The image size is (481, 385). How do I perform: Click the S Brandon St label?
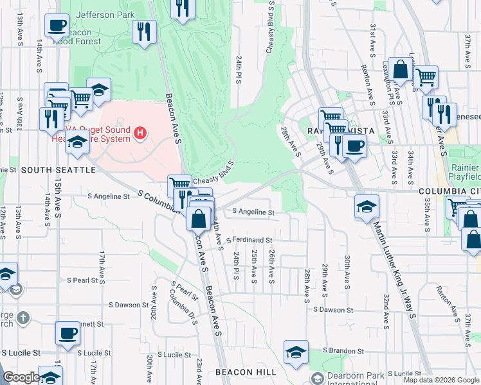click(x=343, y=351)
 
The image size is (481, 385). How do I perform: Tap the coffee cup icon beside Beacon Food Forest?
click(x=57, y=26)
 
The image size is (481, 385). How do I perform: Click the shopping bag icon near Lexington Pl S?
click(x=400, y=70)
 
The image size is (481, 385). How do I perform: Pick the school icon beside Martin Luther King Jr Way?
click(x=367, y=207)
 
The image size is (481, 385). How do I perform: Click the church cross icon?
click(x=23, y=318)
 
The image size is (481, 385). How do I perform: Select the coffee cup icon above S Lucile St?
click(x=68, y=334)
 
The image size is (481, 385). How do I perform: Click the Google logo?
click(x=21, y=378)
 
